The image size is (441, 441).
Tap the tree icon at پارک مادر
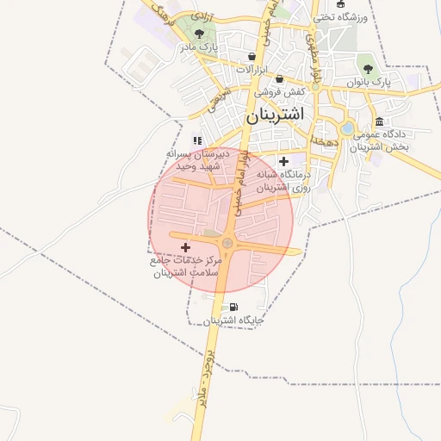pyautogui.click(x=200, y=34)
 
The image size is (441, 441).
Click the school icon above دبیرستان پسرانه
pyautogui.click(x=197, y=140)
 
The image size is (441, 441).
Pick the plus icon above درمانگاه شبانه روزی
pyautogui.click(x=283, y=161)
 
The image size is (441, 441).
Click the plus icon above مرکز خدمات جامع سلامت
pyautogui.click(x=185, y=247)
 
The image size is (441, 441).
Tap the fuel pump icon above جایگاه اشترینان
pyautogui.click(x=233, y=307)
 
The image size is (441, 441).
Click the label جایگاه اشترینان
pyautogui.click(x=233, y=321)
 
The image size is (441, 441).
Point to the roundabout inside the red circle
pyautogui.click(x=227, y=243)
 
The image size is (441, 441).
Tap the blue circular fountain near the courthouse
pyautogui.click(x=347, y=129)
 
